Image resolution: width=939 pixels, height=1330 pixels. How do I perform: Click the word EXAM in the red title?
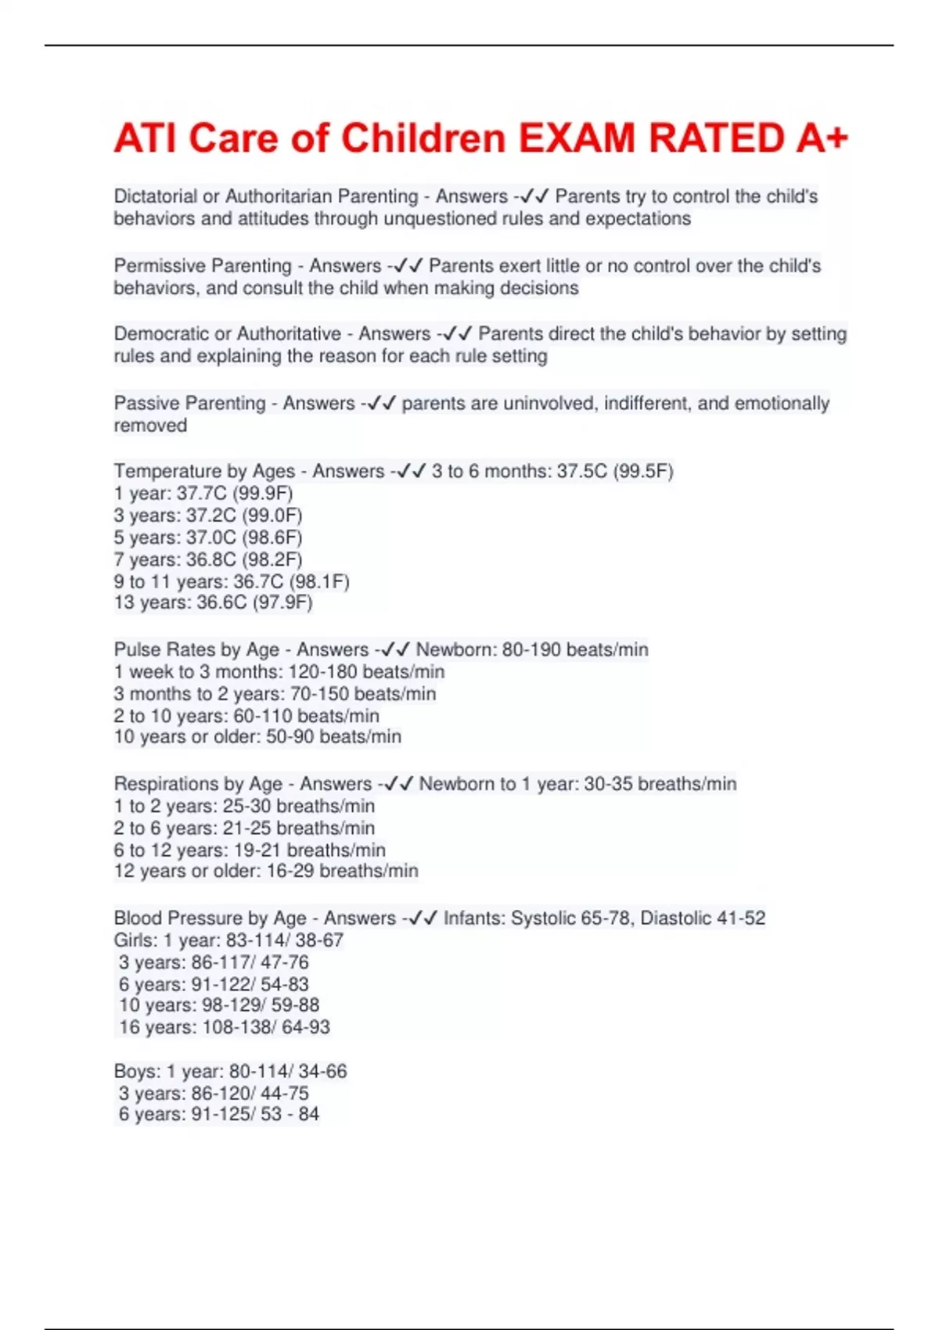577,138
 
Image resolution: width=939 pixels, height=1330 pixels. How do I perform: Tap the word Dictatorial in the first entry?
155,196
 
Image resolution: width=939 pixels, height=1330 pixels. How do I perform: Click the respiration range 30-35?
608,784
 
